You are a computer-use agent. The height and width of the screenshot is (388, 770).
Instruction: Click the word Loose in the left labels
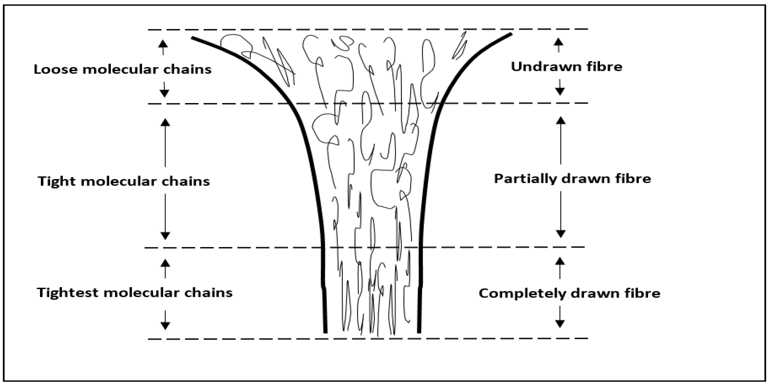pos(56,69)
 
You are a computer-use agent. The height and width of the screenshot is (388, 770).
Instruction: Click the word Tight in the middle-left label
pos(56,182)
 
